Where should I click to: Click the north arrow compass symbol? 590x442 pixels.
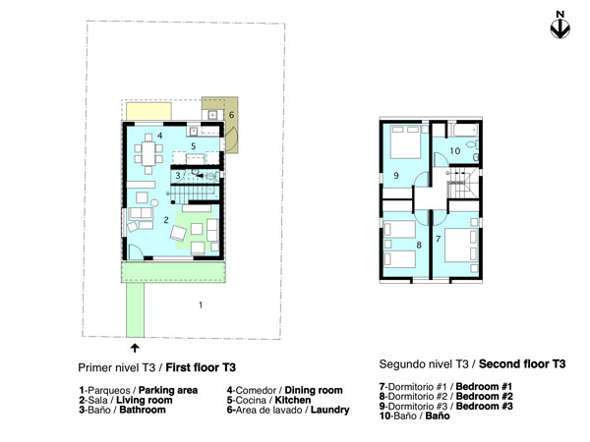click(560, 28)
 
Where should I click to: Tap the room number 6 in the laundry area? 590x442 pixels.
click(231, 115)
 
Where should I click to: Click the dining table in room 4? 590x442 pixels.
click(148, 153)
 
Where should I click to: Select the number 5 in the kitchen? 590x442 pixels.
click(194, 145)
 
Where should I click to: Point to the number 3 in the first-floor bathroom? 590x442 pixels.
click(178, 175)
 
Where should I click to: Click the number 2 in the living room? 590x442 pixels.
click(166, 220)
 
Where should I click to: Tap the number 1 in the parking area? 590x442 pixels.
click(201, 304)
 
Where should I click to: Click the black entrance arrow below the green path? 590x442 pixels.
click(135, 348)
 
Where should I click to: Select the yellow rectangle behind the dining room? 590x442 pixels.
click(148, 111)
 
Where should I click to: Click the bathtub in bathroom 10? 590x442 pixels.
click(465, 131)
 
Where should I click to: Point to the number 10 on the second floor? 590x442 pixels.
click(455, 151)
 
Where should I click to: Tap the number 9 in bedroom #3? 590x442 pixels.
click(396, 175)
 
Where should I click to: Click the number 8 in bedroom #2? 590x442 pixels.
click(419, 245)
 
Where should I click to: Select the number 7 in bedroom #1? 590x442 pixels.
click(438, 239)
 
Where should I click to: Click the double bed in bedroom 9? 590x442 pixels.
click(405, 142)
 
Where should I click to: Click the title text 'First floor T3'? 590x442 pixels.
click(201, 367)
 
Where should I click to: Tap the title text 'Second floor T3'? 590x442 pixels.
click(522, 363)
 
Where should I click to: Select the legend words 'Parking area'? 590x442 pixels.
click(168, 390)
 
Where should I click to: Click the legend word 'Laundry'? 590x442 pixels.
click(329, 410)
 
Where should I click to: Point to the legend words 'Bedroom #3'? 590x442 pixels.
click(484, 406)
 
